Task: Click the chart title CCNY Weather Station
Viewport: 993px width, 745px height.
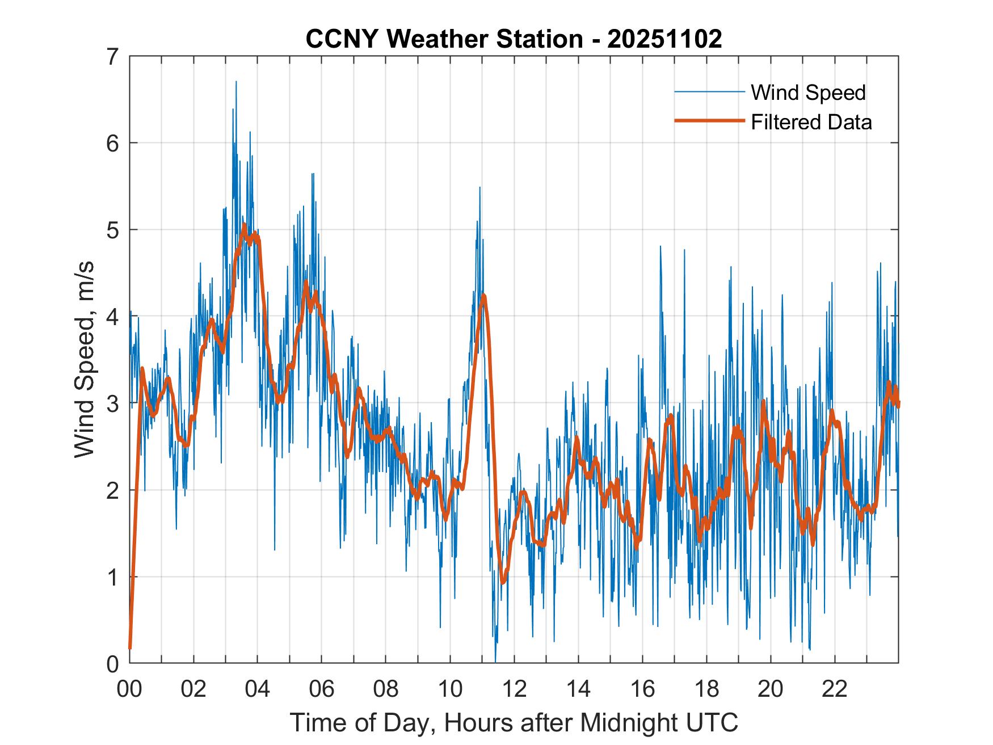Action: (x=514, y=39)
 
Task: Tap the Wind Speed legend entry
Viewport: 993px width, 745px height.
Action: (x=808, y=92)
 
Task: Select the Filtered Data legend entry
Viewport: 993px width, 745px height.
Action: (x=811, y=122)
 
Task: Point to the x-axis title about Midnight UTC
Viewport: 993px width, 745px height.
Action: (x=514, y=723)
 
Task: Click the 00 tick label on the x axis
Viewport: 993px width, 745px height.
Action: (x=130, y=689)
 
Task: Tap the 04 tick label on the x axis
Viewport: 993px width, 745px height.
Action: (x=258, y=689)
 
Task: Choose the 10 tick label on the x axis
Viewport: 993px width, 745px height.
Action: (x=450, y=689)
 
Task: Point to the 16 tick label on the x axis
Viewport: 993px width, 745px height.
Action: (x=642, y=689)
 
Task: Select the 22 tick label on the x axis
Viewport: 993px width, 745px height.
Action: (x=835, y=689)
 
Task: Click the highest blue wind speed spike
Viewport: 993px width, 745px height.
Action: (x=236, y=82)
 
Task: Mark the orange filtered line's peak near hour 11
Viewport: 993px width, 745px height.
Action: (x=483, y=296)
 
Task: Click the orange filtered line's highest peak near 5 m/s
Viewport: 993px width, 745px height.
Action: (x=244, y=225)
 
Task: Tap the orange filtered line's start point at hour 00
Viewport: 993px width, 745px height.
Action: (x=130, y=647)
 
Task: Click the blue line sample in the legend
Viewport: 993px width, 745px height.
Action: (x=709, y=92)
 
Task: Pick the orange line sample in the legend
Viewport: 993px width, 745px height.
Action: (x=709, y=121)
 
